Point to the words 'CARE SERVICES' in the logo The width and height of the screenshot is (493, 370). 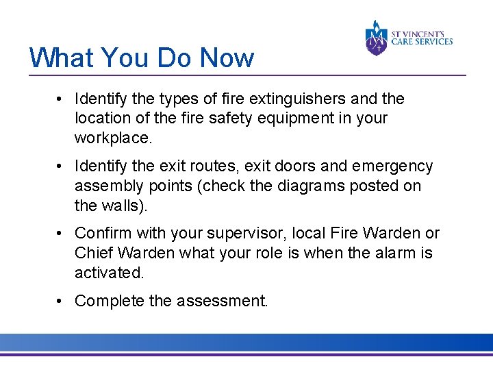(x=422, y=42)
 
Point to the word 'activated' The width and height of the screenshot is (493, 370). (x=108, y=272)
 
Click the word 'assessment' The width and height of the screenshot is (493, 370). (x=224, y=301)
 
